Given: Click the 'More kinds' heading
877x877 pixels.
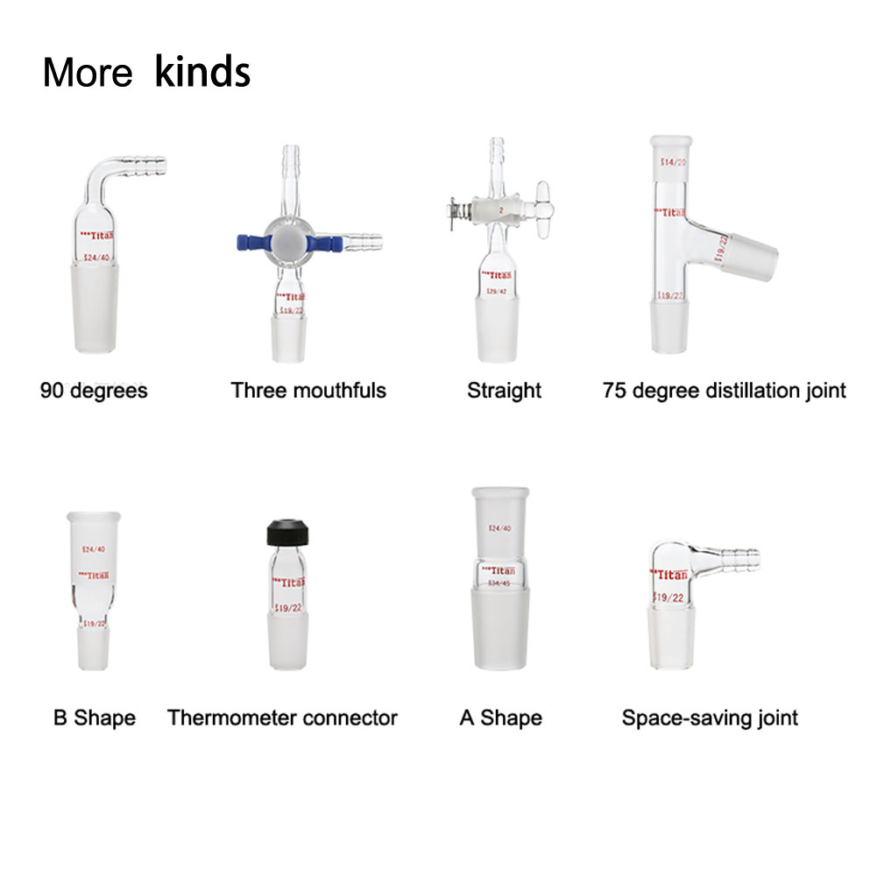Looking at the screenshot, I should pyautogui.click(x=146, y=72).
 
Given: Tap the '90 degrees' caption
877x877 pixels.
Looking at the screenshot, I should pyautogui.click(x=94, y=390).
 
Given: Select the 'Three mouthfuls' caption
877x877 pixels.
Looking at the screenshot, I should pyautogui.click(x=308, y=390).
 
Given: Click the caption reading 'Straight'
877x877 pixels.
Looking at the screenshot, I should pyautogui.click(x=504, y=390).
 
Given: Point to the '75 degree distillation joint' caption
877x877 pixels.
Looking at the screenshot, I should pyautogui.click(x=725, y=390).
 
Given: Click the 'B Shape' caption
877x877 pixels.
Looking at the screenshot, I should pyautogui.click(x=95, y=718).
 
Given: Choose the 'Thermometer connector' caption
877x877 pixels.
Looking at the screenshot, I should pyautogui.click(x=282, y=718).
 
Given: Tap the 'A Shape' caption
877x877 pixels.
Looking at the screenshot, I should pyautogui.click(x=500, y=718).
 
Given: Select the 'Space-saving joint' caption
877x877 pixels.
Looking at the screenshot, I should pyautogui.click(x=710, y=718).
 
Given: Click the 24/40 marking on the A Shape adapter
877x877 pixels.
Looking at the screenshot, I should pyautogui.click(x=499, y=528).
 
